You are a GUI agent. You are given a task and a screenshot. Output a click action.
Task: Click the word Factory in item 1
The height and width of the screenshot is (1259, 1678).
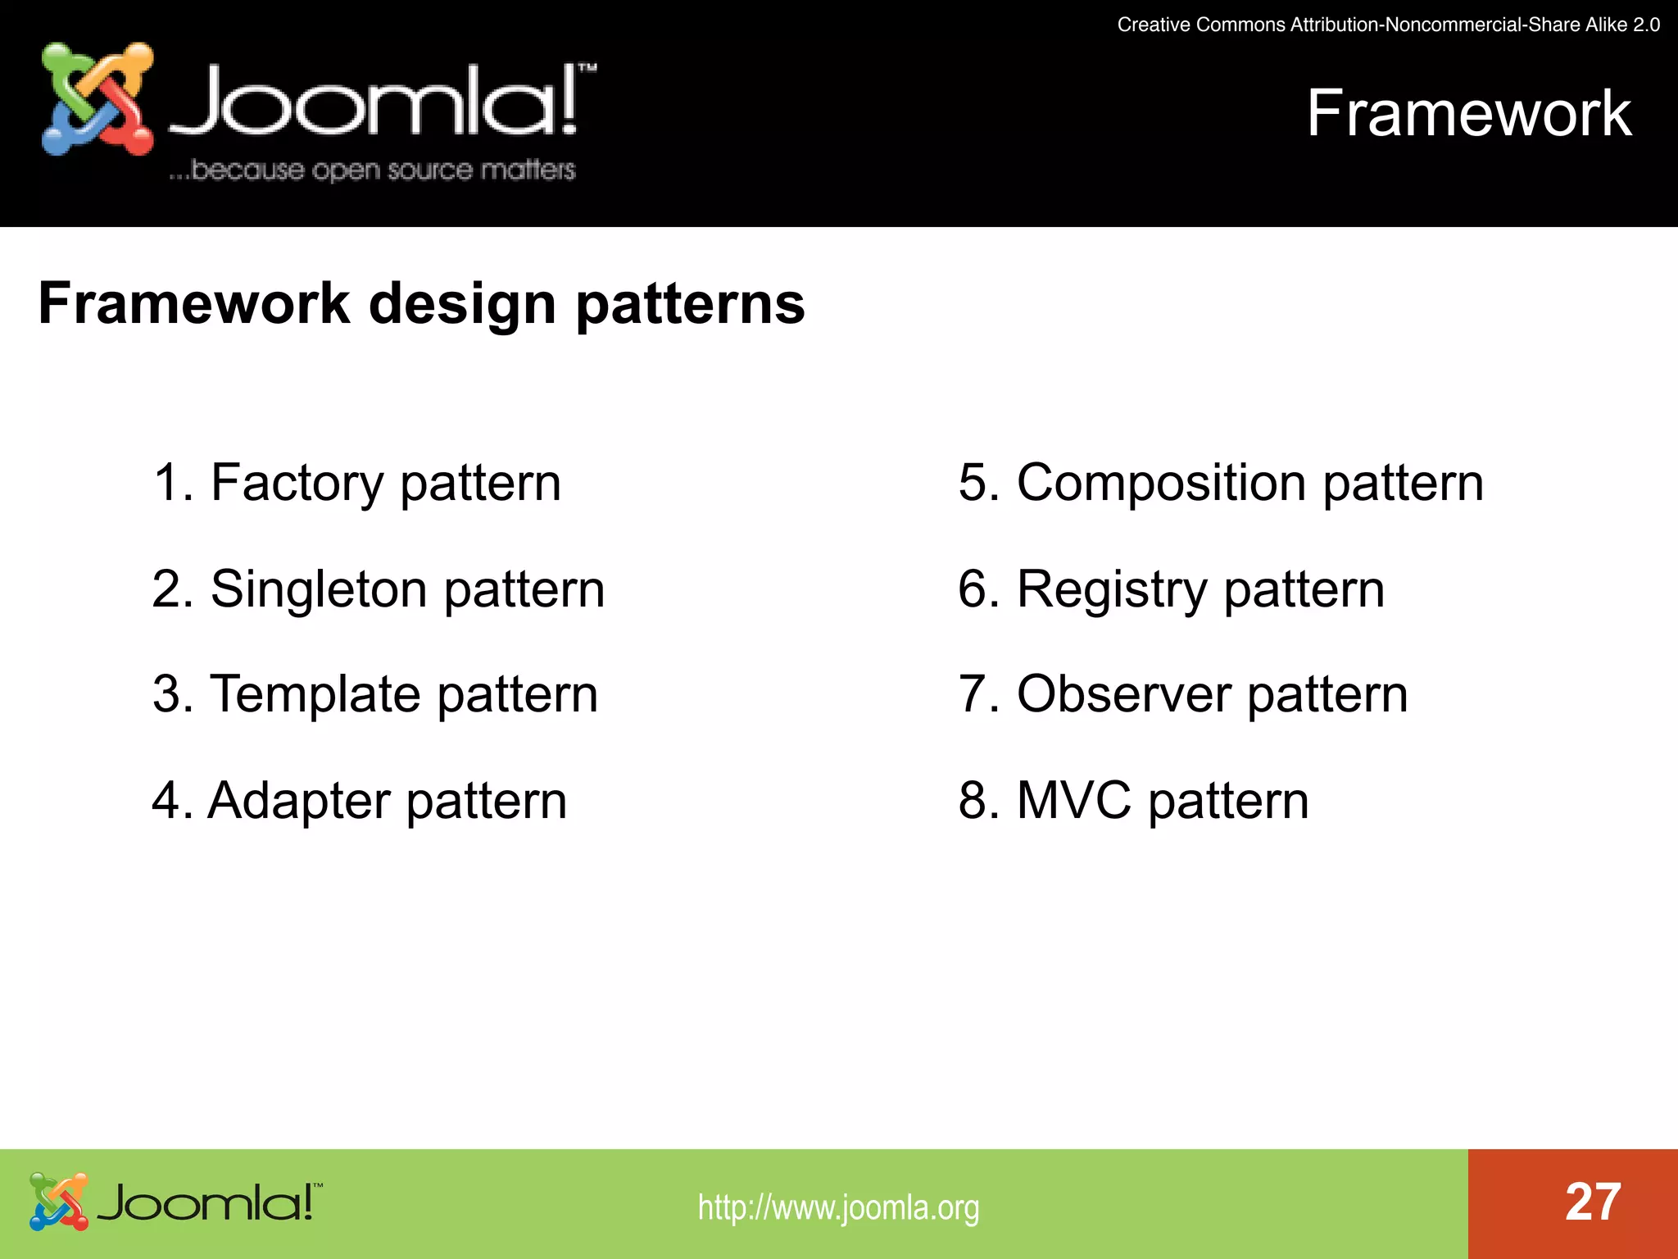pos(297,484)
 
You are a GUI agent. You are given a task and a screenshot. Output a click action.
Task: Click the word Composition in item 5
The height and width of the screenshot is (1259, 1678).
pos(1161,484)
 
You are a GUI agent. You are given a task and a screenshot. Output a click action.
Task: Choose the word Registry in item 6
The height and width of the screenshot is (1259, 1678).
pos(1111,590)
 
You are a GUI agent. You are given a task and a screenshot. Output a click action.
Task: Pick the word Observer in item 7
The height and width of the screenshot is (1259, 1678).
pos(1123,695)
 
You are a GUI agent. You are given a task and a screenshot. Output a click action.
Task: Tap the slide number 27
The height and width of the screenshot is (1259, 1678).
pos(1592,1202)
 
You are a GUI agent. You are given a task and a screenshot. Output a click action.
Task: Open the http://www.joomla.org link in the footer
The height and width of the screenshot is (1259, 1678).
pos(838,1207)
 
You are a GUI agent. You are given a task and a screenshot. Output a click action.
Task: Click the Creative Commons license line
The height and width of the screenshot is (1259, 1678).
pos(1388,25)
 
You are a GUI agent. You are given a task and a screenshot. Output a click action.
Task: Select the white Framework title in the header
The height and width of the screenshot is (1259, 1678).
pos(1468,113)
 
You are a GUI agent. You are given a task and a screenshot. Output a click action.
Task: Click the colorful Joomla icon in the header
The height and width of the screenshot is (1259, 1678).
pos(97,99)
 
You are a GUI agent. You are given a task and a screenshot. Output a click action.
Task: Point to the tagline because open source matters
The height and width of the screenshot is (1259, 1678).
pos(373,170)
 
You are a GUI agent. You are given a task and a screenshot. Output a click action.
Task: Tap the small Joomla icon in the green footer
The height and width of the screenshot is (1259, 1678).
pos(58,1202)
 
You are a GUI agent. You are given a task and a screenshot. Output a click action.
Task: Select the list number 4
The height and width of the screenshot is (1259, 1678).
pos(166,801)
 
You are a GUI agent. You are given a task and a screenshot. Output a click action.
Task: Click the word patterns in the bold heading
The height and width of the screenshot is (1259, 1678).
pos(690,305)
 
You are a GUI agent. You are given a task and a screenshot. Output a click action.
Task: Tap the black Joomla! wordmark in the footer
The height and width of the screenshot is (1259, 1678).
pos(208,1202)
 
